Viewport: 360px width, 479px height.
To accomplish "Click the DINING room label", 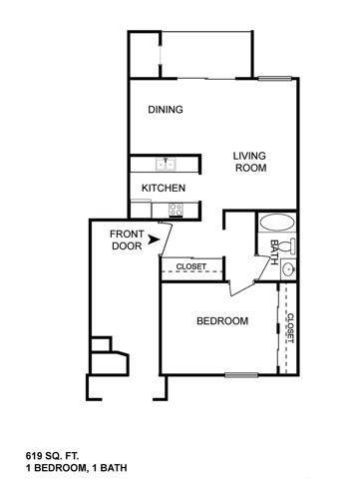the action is (x=166, y=110).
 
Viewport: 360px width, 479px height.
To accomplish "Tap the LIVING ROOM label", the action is (x=250, y=162).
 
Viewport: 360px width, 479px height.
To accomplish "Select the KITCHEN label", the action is (x=164, y=188).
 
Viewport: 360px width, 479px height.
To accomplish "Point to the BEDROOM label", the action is (x=222, y=321).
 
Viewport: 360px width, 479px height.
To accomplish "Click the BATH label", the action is (x=274, y=252).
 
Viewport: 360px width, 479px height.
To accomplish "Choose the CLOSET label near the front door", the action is (x=190, y=266).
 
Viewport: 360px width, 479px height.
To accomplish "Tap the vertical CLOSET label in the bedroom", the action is (x=290, y=328).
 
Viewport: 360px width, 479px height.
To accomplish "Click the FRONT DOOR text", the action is (x=127, y=239).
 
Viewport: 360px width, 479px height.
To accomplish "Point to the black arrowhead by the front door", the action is (x=154, y=239).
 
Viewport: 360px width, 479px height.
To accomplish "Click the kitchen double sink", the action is (x=166, y=164).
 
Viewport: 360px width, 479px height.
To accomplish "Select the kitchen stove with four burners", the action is (x=176, y=210).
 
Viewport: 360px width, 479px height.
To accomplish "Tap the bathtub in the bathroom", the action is (x=277, y=223).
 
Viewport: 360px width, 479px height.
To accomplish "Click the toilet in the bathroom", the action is (x=287, y=246).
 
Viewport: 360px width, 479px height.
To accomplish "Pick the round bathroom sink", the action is (x=288, y=269).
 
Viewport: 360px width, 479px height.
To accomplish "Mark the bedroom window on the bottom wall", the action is (x=241, y=375).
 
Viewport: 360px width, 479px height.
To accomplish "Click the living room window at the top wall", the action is (x=275, y=79).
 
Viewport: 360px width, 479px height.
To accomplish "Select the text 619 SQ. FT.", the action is (x=52, y=455).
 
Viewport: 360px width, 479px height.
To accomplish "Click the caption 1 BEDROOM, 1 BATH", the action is (x=76, y=468).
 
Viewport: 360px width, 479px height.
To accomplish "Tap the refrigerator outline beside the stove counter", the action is (x=141, y=209).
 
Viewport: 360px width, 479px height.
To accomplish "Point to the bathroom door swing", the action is (x=263, y=268).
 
